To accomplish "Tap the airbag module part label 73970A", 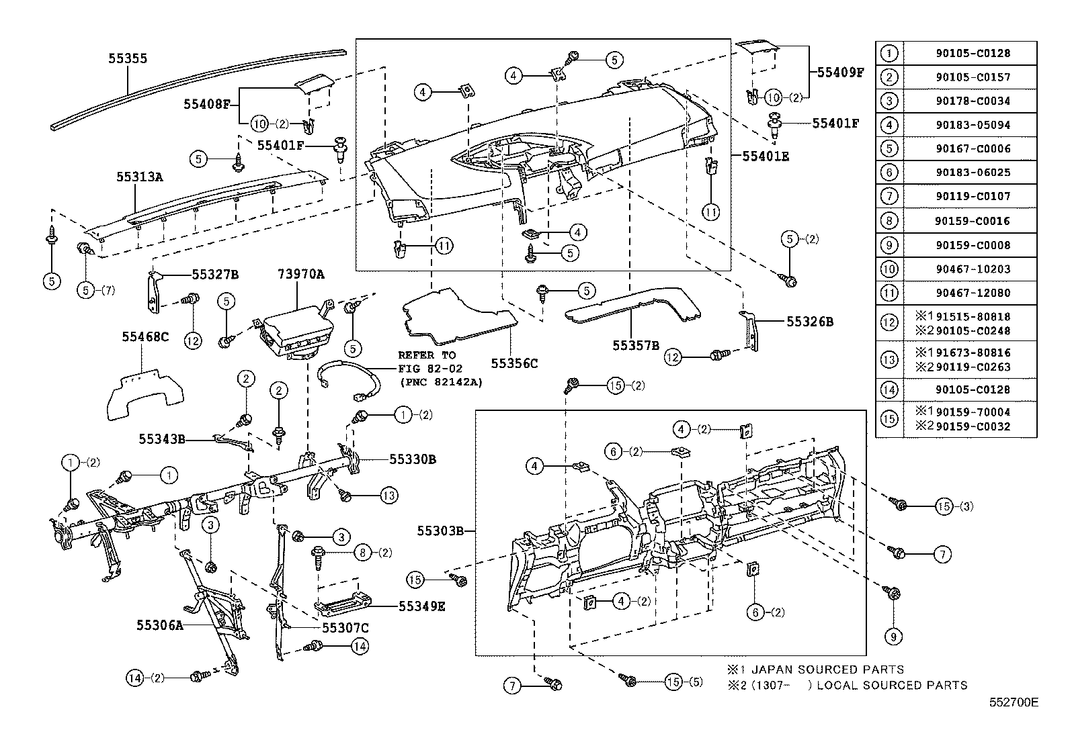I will pos(301,274).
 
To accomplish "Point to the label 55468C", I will pos(145,336).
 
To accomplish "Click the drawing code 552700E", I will pos(1013,702).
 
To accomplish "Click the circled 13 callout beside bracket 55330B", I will pos(388,496).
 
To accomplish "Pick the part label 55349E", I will pos(421,606).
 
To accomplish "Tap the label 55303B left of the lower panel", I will pos(441,531).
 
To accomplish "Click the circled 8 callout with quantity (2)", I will pos(362,553).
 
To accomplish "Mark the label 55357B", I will pos(635,345).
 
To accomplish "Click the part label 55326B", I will pos(810,322).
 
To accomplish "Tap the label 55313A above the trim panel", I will pos(139,177).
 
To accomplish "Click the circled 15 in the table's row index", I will pos(889,419).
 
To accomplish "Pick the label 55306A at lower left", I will pos(160,625).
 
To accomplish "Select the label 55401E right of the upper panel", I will pos(766,156).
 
